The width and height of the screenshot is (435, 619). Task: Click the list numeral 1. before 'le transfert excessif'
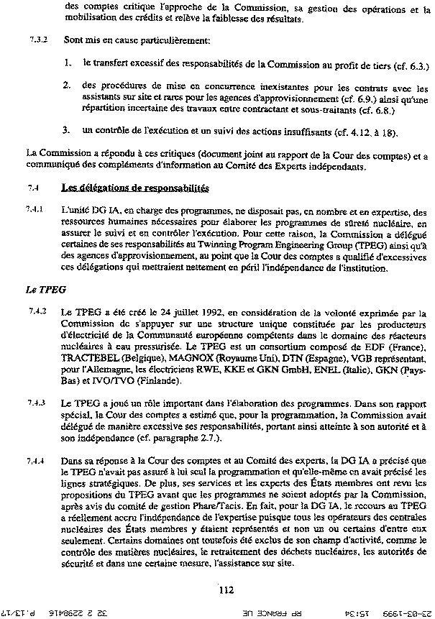click(66, 64)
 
